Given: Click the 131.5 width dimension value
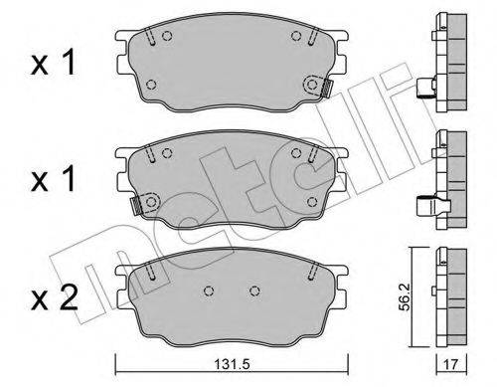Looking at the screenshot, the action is pyautogui.click(x=232, y=365).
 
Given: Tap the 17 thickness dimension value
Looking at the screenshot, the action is pyautogui.click(x=450, y=365).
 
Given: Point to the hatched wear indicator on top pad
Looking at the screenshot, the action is pyautogui.click(x=326, y=89).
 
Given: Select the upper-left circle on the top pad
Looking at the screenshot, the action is pyautogui.click(x=167, y=35).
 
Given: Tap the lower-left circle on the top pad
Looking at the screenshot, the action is pyautogui.click(x=151, y=85).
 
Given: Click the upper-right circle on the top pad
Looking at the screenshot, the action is pyautogui.click(x=296, y=35).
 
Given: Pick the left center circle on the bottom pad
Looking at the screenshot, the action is pyautogui.click(x=209, y=290).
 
